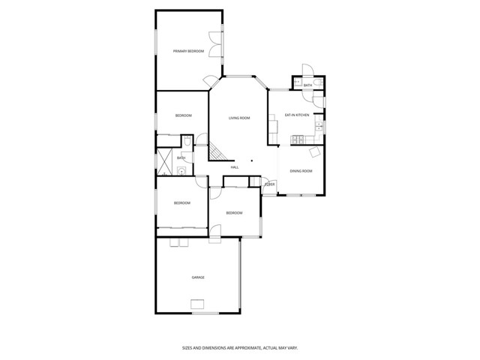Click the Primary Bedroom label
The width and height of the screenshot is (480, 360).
188,51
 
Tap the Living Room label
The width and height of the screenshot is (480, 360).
239,118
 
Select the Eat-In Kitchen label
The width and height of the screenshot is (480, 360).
297,115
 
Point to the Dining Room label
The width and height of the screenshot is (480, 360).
301,171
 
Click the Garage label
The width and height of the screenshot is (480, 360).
197,277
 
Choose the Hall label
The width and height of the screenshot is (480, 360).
235,166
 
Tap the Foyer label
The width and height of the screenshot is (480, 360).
270,184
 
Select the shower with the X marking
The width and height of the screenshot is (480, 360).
163,160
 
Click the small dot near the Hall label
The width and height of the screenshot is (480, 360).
251,160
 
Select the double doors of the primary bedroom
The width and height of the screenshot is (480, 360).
215,42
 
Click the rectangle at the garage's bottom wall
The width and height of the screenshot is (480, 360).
198,303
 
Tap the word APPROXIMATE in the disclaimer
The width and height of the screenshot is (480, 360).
242,347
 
